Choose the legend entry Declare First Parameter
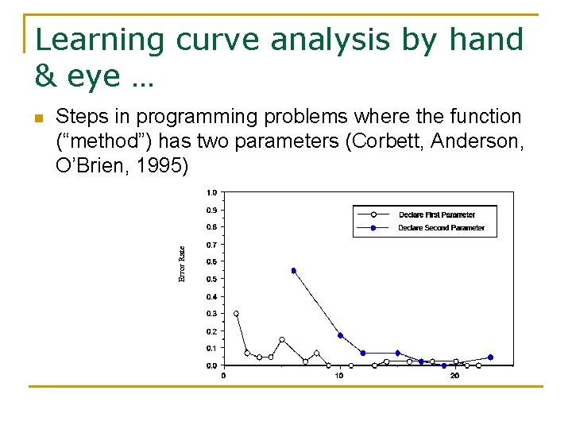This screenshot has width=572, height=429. (436, 214)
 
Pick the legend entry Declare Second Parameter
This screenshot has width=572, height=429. (441, 228)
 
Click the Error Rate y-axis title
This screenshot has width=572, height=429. (181, 264)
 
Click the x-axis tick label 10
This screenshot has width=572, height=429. (339, 375)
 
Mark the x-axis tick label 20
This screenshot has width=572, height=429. (454, 375)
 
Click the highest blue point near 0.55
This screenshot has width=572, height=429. (293, 270)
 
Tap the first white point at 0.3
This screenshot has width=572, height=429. (236, 314)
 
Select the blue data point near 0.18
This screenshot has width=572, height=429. (340, 335)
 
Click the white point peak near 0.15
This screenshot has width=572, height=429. (282, 339)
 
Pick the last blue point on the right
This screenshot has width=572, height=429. (490, 357)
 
